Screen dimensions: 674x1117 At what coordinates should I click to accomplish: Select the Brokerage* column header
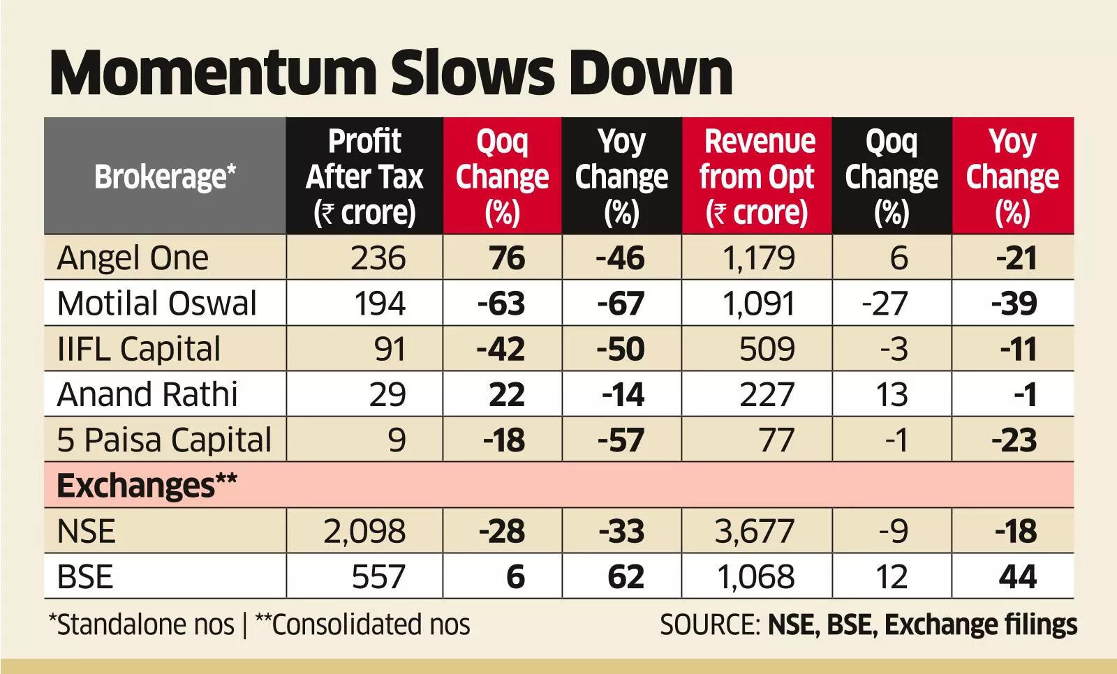(165, 177)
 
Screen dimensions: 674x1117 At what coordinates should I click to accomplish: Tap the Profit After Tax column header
(364, 177)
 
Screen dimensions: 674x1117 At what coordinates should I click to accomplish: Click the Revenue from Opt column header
(757, 177)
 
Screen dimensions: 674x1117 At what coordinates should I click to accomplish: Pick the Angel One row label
(133, 258)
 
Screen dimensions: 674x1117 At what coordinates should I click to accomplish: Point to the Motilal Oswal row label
(157, 304)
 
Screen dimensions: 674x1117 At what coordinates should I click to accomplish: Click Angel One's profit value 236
(378, 258)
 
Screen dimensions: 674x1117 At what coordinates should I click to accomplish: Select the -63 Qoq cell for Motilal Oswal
(501, 304)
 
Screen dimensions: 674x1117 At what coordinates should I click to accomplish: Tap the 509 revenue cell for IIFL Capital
(767, 349)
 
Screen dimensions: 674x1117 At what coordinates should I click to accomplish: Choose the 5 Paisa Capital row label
(164, 440)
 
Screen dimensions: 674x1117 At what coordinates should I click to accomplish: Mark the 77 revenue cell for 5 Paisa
(776, 440)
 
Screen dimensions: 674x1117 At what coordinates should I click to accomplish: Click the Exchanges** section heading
(147, 485)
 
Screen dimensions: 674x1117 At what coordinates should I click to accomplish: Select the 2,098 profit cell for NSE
(364, 532)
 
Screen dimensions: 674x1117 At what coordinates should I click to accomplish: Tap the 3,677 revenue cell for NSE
(755, 532)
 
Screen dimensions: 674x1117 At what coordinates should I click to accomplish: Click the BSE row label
(85, 577)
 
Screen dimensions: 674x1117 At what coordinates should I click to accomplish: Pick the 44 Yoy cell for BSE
(1017, 577)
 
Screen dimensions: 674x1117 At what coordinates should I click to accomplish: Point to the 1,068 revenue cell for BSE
(756, 577)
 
